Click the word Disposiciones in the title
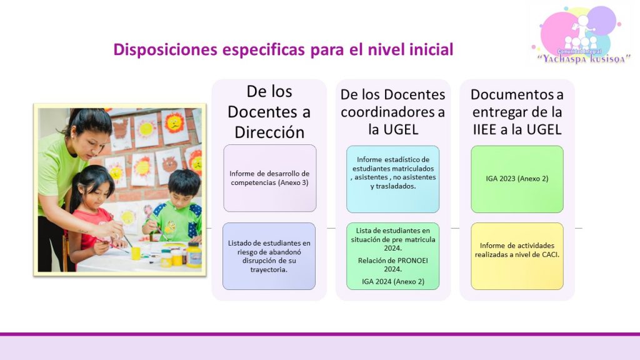166,50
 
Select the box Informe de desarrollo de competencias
270,178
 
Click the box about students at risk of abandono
269,256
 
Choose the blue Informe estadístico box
392,179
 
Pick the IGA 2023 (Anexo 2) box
517,179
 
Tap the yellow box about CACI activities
517,256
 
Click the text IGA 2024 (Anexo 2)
392,281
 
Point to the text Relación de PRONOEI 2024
392,264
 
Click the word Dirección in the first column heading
269,132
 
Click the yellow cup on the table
136,253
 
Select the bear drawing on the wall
169,164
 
